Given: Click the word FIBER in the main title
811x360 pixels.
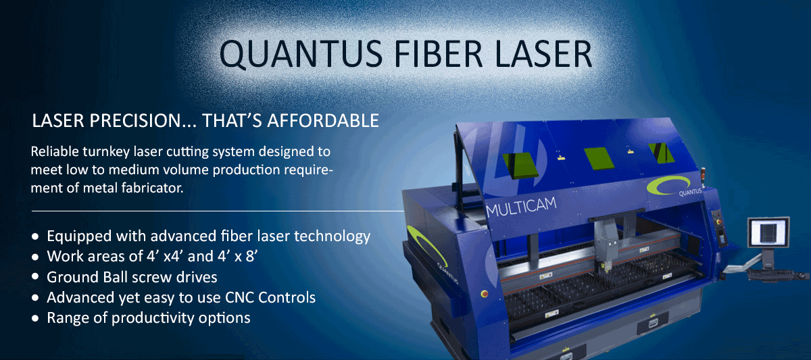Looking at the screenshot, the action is pyautogui.click(x=438, y=54).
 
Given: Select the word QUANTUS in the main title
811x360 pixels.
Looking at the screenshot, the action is pyautogui.click(x=301, y=55).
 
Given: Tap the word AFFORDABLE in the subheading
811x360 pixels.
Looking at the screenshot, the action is pyautogui.click(x=323, y=120).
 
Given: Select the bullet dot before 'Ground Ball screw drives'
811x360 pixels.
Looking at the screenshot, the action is pyautogui.click(x=35, y=277).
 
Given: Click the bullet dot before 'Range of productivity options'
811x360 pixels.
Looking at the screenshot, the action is pyautogui.click(x=35, y=318).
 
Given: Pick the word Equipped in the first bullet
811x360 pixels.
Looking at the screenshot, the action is pyautogui.click(x=79, y=236).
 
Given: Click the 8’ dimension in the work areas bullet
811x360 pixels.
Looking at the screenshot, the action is pyautogui.click(x=252, y=256).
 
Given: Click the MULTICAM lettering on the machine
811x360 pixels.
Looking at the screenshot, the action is pyautogui.click(x=521, y=207).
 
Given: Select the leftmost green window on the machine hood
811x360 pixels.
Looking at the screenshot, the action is pyautogui.click(x=520, y=165).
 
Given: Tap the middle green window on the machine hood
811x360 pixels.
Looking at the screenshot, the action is pyautogui.click(x=599, y=158).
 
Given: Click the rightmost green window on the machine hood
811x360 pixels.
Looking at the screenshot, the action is pyautogui.click(x=661, y=153).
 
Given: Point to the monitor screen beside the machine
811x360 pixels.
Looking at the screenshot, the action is pyautogui.click(x=768, y=232).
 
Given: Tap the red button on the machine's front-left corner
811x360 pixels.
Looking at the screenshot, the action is pyautogui.click(x=484, y=293).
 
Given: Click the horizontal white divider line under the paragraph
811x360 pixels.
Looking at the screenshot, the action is pyautogui.click(x=218, y=211).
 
